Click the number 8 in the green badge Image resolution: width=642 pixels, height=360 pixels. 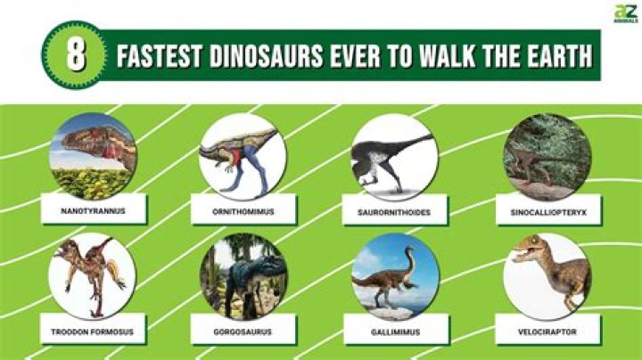click(x=77, y=55)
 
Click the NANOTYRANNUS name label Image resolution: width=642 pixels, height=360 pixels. click(x=95, y=212)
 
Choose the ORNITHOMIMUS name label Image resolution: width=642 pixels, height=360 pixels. click(x=243, y=212)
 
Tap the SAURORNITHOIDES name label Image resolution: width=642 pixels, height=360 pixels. click(x=393, y=212)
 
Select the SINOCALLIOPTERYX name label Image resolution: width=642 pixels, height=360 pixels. click(x=546, y=212)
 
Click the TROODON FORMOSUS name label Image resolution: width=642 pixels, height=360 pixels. click(x=94, y=331)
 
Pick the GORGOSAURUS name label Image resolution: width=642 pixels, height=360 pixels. click(x=243, y=331)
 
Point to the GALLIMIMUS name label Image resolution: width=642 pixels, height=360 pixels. click(x=393, y=331)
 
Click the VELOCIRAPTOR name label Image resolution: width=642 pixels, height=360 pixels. click(x=546, y=331)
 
